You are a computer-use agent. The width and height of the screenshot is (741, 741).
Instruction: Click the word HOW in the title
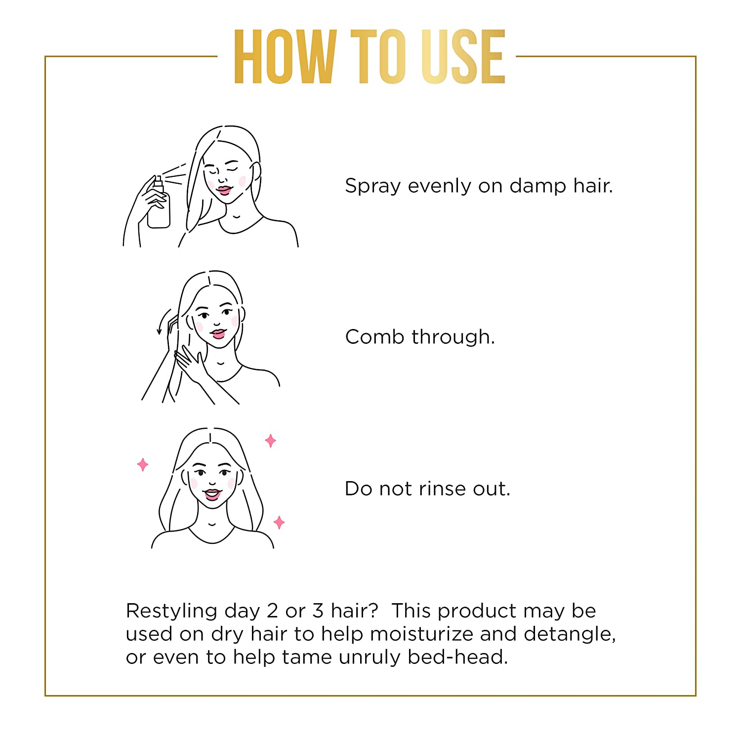(285, 56)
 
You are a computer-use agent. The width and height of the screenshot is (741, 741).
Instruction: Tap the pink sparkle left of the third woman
(143, 464)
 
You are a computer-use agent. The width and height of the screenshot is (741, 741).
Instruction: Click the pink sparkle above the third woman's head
(270, 441)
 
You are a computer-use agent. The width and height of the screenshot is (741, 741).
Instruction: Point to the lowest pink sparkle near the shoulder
(279, 522)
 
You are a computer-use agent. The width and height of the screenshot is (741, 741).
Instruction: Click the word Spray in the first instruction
(372, 187)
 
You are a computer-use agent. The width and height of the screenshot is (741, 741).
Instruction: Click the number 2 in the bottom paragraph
(272, 611)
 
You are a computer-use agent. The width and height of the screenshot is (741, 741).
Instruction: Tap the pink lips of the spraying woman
(224, 190)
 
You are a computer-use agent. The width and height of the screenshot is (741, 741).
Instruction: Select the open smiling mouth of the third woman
(212, 494)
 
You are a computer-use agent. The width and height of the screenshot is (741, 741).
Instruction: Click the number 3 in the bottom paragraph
(318, 611)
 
